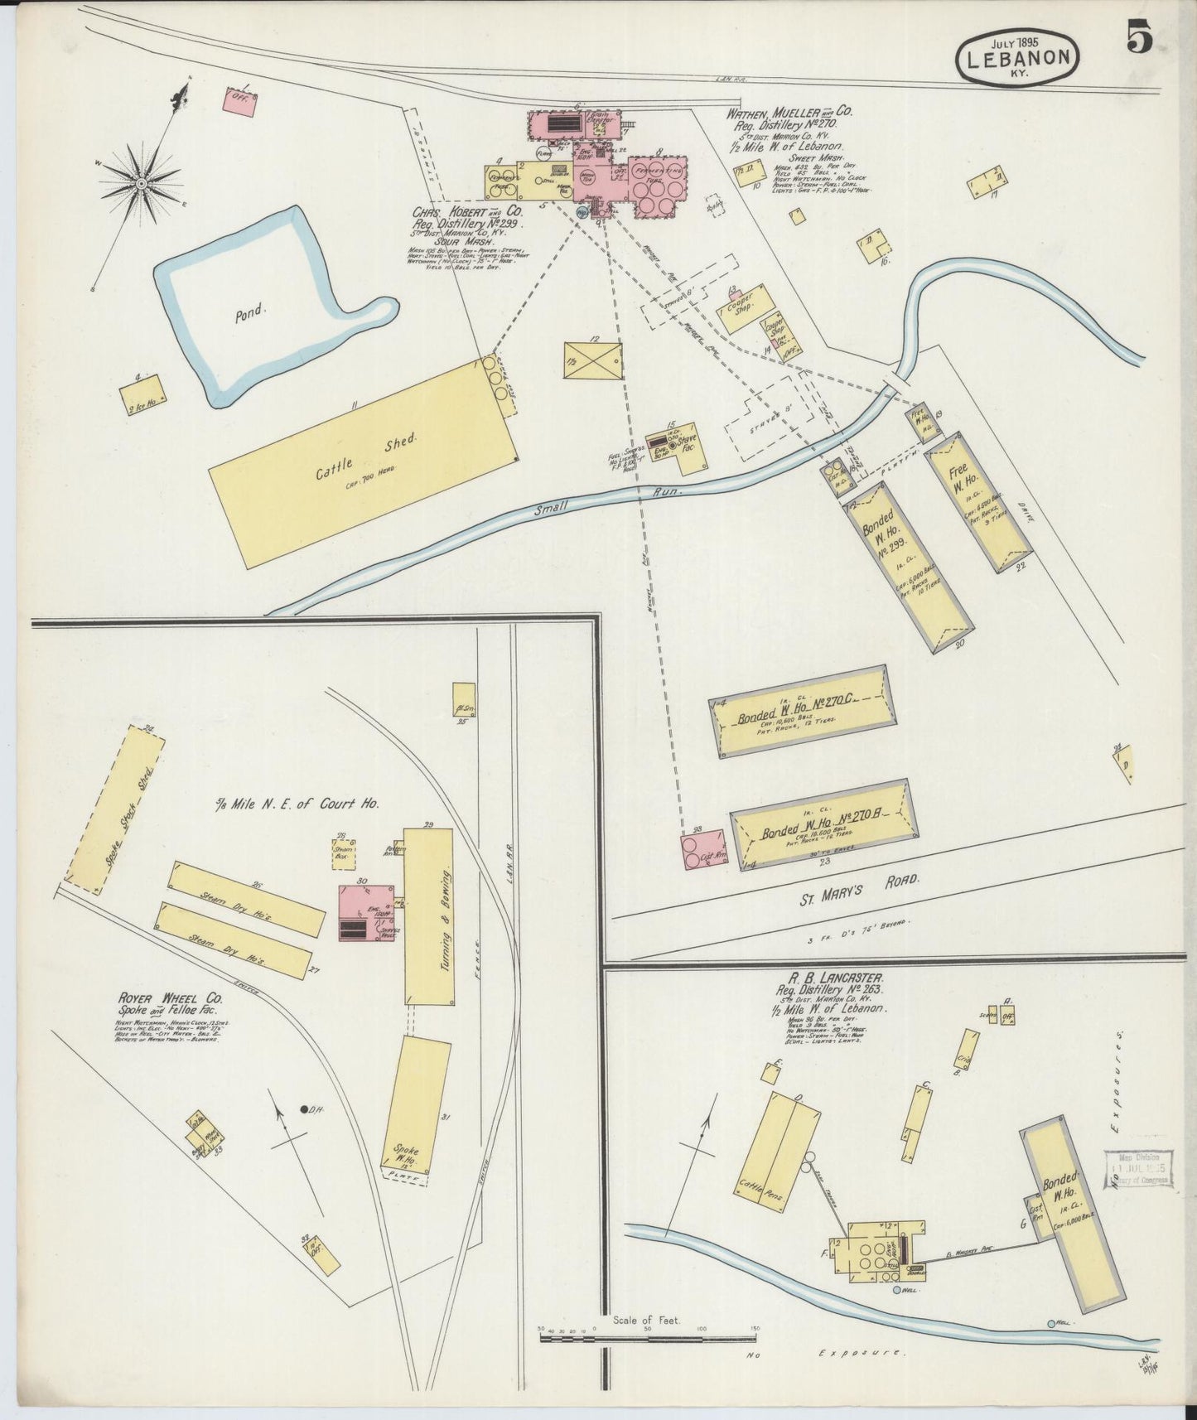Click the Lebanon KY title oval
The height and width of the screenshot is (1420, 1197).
click(1018, 57)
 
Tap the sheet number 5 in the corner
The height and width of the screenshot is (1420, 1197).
click(1138, 37)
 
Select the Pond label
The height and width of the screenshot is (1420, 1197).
click(249, 312)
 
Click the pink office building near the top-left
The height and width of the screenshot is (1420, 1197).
click(240, 100)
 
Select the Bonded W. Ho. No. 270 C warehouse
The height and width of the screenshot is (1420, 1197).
click(802, 711)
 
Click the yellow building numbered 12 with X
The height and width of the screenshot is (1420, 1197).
click(592, 359)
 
